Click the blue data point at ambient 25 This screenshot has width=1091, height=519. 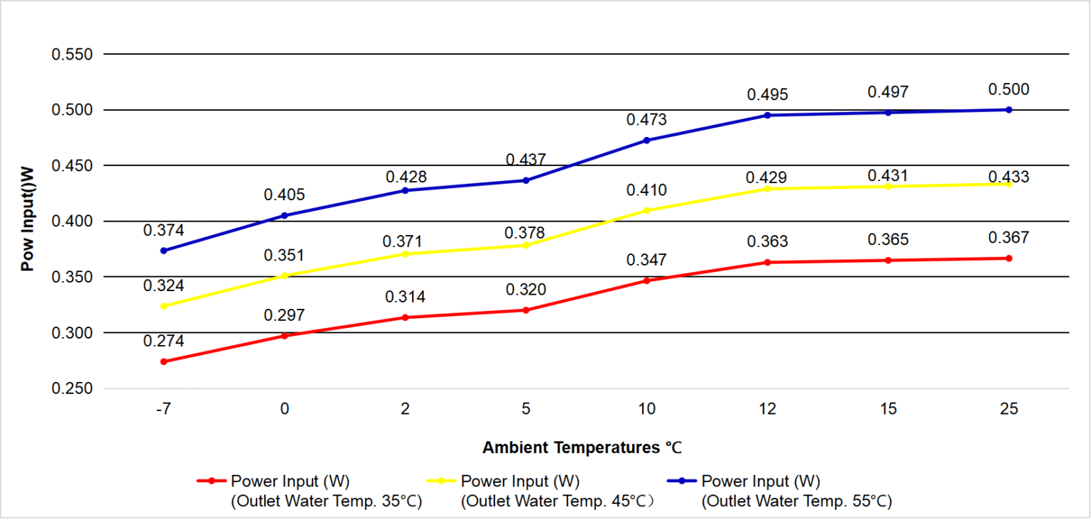coord(1009,110)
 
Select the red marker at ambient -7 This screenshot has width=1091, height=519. coord(163,362)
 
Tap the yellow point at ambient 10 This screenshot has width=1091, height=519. coord(647,211)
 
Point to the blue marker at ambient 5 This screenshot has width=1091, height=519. coord(526,180)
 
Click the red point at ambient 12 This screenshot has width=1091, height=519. coord(768,263)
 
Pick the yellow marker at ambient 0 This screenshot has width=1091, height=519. coord(284,276)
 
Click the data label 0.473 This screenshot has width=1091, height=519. coord(646,120)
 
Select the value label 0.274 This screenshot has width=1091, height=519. coord(163,341)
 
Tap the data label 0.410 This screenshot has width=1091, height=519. coord(646,190)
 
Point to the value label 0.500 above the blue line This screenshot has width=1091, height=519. coord(1009,89)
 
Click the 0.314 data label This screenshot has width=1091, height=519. coord(406,297)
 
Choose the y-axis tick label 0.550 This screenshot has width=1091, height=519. coord(72,55)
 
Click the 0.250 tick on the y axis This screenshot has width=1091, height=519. coord(72,388)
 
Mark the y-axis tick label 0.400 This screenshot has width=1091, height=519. coord(72,222)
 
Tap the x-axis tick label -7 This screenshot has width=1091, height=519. coord(163,409)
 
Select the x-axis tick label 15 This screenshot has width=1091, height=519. coord(889,409)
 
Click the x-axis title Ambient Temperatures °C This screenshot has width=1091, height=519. coord(582,447)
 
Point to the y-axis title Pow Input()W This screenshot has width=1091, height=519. coord(28,219)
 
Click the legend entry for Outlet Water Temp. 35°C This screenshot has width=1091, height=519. coord(310,491)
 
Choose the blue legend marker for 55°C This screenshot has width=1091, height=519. coord(682,481)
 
